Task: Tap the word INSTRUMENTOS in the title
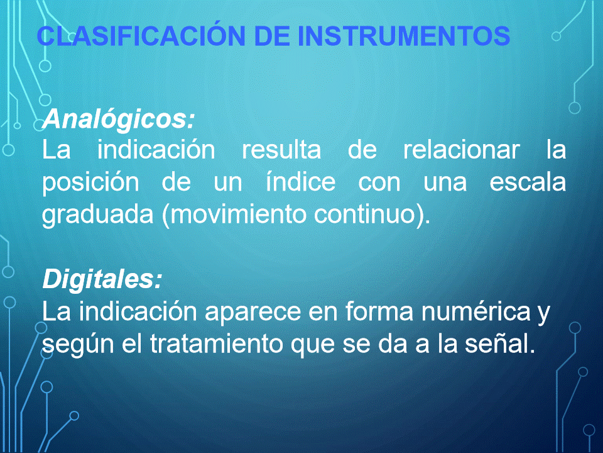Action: (x=404, y=36)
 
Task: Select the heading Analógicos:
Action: (x=119, y=120)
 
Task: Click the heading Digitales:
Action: (x=102, y=279)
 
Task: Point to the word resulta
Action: (x=281, y=150)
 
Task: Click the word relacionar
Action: (x=462, y=150)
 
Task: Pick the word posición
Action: (x=90, y=183)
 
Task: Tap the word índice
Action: (x=301, y=182)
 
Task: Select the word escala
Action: (x=528, y=182)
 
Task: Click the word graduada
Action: (x=98, y=215)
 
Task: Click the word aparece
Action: (x=253, y=312)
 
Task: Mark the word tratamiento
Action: (x=216, y=344)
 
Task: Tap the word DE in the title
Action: (x=272, y=36)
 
